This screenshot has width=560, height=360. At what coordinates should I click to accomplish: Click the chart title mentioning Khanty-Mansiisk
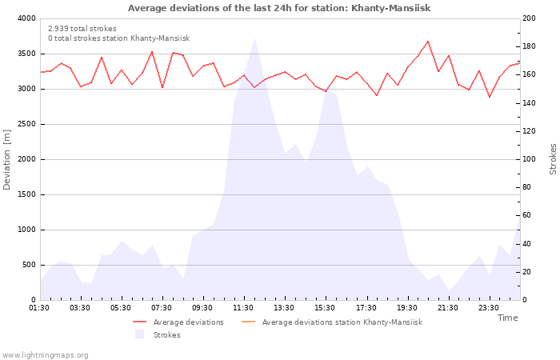[x=279, y=8]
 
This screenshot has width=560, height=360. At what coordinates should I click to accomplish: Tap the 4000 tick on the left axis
[x=26, y=18]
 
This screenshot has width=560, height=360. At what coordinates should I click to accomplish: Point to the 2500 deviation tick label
[x=26, y=124]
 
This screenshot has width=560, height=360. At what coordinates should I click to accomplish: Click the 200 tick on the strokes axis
[x=530, y=18]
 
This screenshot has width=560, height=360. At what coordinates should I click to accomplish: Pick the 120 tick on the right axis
[x=530, y=131]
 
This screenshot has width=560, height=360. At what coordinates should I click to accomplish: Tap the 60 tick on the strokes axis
[x=528, y=215]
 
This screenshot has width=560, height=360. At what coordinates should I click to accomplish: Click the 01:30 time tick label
[x=40, y=308]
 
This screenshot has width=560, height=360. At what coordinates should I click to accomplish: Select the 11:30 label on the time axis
[x=244, y=308]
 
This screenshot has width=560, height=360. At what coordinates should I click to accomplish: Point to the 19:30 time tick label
[x=407, y=308]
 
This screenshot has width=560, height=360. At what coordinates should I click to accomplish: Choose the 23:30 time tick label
[x=489, y=308]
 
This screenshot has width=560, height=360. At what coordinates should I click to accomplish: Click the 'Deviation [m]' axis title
[x=7, y=159]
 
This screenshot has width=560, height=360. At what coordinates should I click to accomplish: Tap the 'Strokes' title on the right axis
[x=553, y=159]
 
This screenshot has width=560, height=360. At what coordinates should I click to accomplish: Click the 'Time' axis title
[x=507, y=318]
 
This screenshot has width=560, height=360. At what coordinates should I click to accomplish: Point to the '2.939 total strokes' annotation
[x=82, y=29]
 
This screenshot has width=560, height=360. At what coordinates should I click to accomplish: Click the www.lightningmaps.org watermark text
[x=46, y=354]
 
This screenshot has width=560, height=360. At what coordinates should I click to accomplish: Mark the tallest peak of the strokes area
[x=254, y=38]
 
